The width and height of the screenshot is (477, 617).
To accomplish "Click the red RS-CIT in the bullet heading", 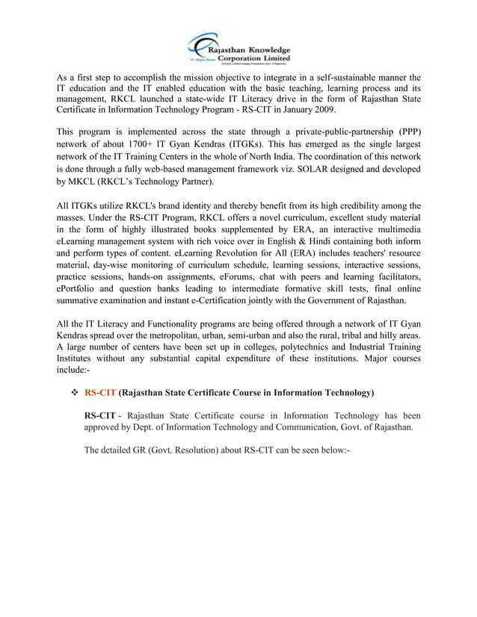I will coord(100,392).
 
